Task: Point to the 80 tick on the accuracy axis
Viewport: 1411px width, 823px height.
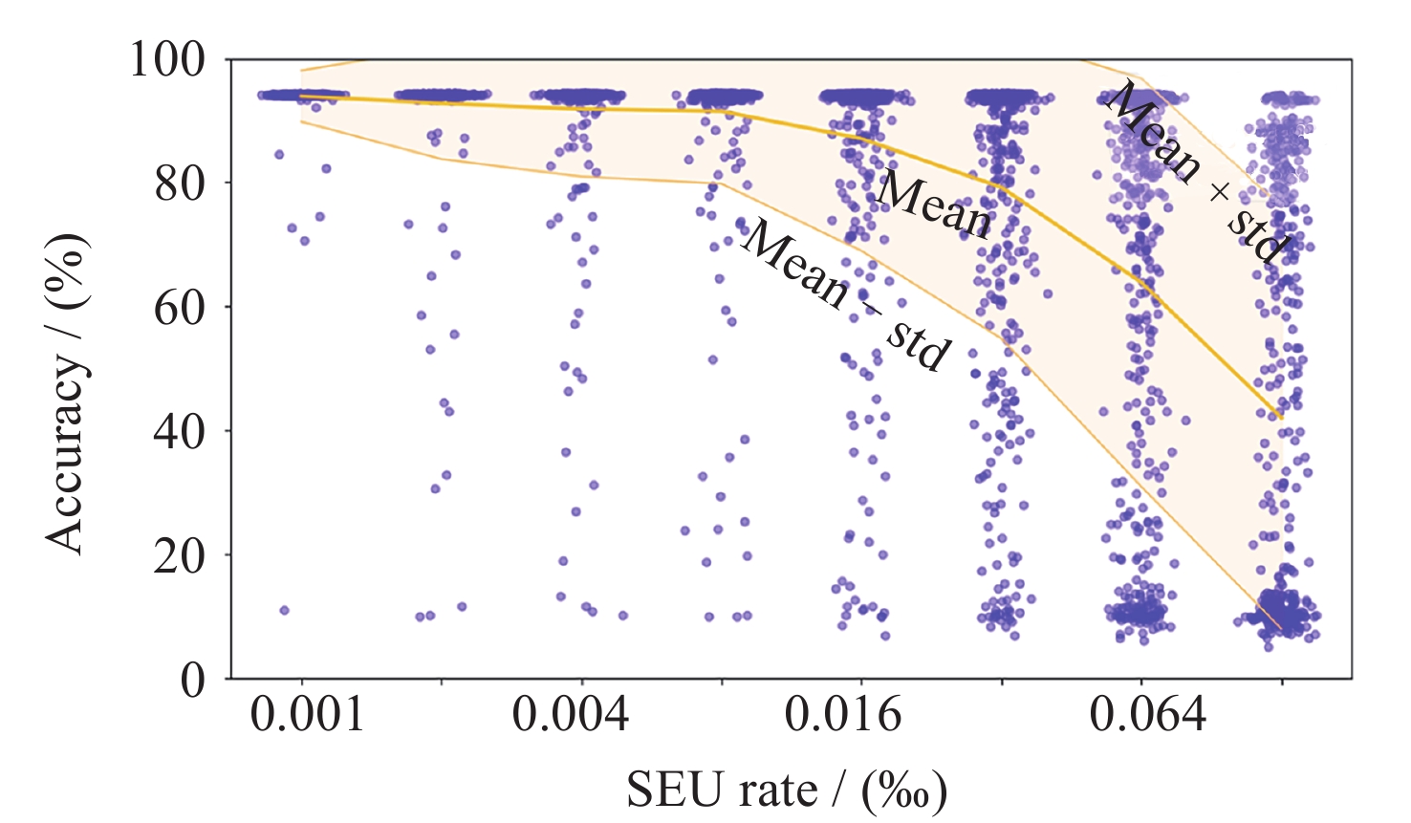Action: [180, 183]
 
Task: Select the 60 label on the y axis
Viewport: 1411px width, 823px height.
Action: [180, 307]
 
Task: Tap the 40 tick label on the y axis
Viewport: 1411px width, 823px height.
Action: [180, 431]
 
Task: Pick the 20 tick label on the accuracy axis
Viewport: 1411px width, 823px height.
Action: [180, 555]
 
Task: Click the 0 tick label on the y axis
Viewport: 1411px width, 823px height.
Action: [193, 680]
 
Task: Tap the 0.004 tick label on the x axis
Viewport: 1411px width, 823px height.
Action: [571, 714]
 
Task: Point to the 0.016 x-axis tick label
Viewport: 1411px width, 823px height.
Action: [843, 714]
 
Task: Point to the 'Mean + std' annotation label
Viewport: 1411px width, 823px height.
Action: [1196, 172]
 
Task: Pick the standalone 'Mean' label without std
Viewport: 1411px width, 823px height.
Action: [934, 204]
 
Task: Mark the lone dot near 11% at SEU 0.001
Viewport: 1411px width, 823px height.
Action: [284, 610]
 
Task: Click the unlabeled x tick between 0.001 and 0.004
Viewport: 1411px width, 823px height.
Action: [442, 682]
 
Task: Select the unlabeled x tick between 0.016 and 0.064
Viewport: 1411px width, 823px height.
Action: [1002, 682]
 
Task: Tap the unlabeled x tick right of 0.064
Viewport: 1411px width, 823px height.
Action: [1281, 682]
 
